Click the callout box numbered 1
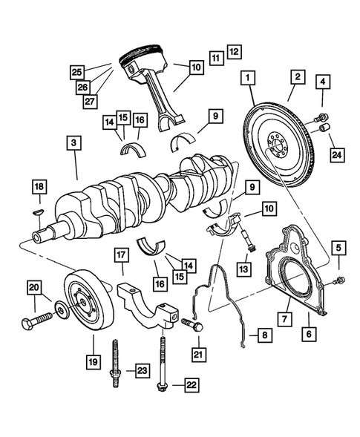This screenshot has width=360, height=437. pos(246,77)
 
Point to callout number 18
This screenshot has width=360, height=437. pos(39,187)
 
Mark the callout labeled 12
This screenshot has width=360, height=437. pos(234,53)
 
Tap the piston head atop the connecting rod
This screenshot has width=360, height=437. pos(143,57)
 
